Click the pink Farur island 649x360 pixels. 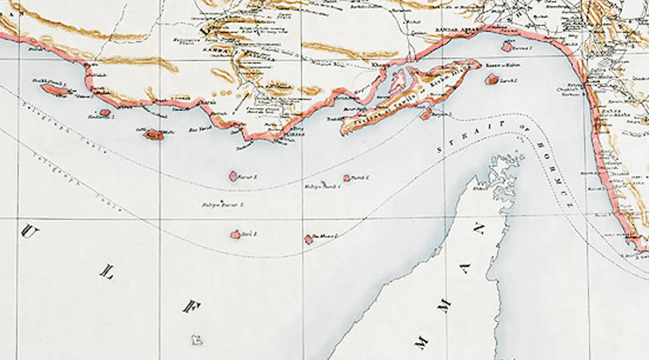(233, 176)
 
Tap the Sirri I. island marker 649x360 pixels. (235, 235)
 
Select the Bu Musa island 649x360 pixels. (309, 239)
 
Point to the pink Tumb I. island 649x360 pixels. (347, 178)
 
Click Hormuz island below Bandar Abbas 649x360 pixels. (507, 47)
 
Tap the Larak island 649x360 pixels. (492, 80)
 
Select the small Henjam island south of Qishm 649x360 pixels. (426, 114)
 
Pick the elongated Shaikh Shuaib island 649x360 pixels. (56, 90)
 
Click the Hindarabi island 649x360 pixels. (104, 113)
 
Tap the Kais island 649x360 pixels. (153, 134)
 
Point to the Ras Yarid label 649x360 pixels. (193, 130)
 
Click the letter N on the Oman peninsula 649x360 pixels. (479, 230)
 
